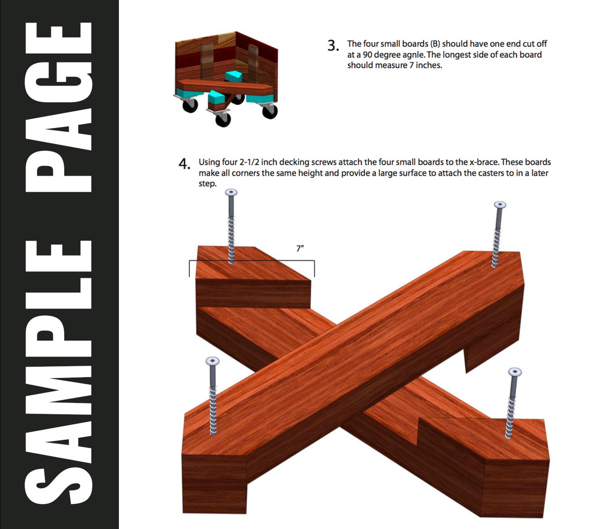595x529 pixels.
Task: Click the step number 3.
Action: coord(333,46)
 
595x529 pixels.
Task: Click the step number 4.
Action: coord(184,164)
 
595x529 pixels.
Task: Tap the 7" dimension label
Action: coord(300,248)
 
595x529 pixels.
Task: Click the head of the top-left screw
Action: coord(231,192)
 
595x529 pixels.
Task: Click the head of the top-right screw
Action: coord(500,205)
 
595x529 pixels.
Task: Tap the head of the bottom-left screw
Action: coord(212,361)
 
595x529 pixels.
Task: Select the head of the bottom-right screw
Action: coord(515,372)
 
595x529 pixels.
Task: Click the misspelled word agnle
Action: coord(413,55)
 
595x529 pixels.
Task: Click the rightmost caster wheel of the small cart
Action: coord(270,111)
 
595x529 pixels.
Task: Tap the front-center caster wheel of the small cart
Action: coord(223,119)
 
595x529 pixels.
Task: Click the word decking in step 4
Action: coord(294,162)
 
